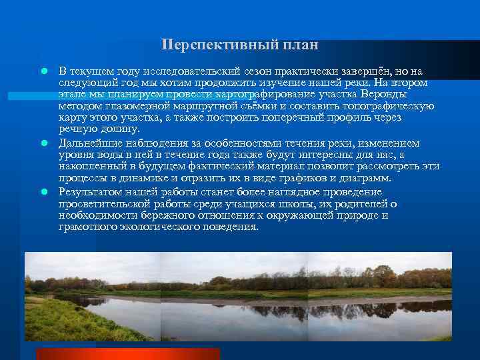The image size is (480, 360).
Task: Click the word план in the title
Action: tap(299, 45)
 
